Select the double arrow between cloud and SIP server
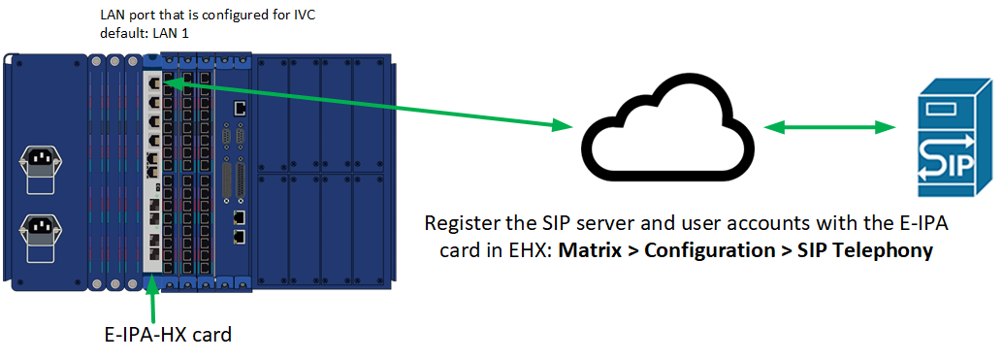828,127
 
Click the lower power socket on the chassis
40,234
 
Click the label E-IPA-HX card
168,336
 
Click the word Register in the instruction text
459,224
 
